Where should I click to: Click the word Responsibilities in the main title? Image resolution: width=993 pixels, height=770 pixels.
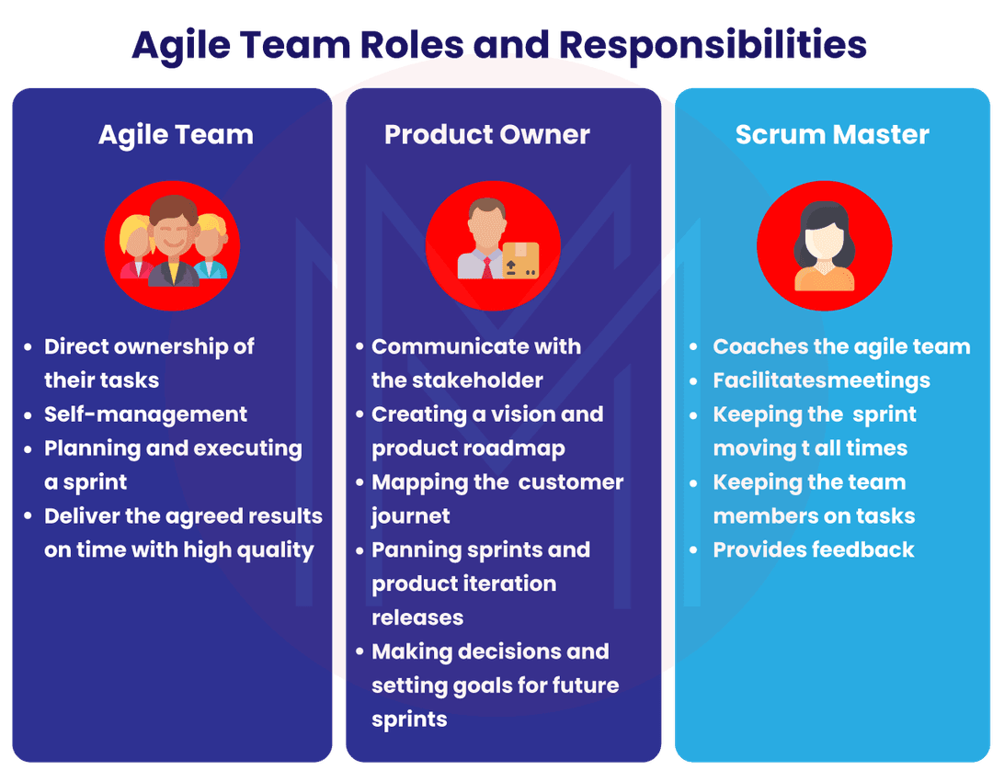[713, 46]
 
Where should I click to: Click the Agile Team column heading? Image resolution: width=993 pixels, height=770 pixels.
[176, 135]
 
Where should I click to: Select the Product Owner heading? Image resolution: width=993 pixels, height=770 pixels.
[487, 135]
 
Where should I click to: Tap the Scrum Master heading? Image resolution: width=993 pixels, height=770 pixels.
[832, 135]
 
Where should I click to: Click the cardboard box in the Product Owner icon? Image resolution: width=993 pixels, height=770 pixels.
[520, 260]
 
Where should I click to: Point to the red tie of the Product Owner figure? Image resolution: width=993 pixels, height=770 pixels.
[487, 267]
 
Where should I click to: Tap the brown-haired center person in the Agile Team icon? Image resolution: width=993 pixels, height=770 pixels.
[172, 241]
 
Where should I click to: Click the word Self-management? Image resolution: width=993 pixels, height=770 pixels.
[145, 414]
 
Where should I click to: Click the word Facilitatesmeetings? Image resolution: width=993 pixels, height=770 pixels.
[821, 381]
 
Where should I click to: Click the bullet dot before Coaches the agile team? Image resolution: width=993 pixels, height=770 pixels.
[693, 347]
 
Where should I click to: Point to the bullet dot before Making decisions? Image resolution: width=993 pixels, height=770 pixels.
[360, 652]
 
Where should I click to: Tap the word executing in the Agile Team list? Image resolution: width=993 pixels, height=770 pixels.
[247, 449]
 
